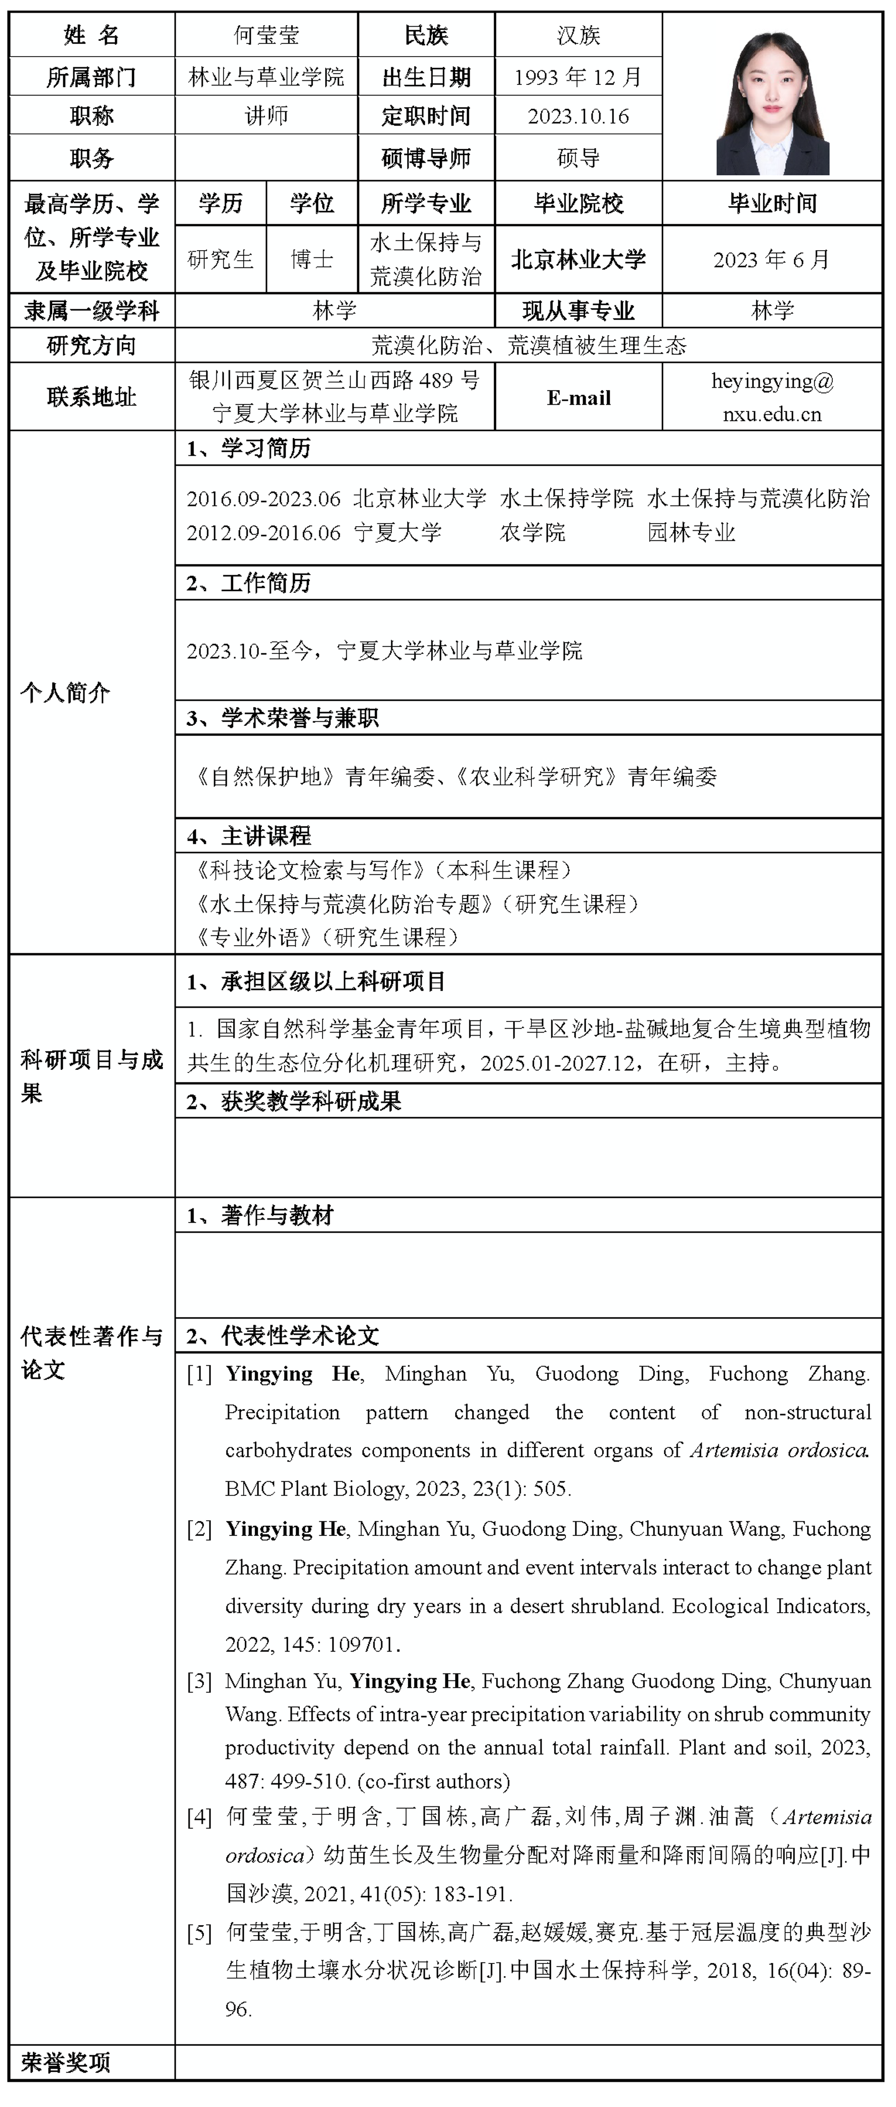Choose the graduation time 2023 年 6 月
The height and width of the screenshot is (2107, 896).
coord(772,260)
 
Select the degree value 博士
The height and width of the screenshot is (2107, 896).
coord(312,260)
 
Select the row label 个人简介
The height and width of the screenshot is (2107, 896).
coord(65,693)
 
